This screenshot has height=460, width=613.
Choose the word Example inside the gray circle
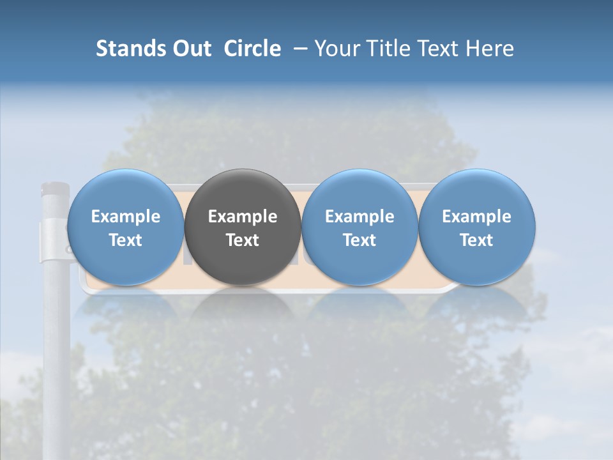click(x=243, y=217)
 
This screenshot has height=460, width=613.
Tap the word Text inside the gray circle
click(x=243, y=240)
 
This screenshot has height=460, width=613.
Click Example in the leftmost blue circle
click(x=126, y=217)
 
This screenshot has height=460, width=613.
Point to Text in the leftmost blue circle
click(x=126, y=240)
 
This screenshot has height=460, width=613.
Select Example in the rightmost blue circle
click(x=476, y=217)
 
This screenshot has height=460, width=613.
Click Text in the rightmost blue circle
click(x=476, y=240)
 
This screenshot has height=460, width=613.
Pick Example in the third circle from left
click(x=359, y=217)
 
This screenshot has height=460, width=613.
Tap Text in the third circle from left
click(x=359, y=240)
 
